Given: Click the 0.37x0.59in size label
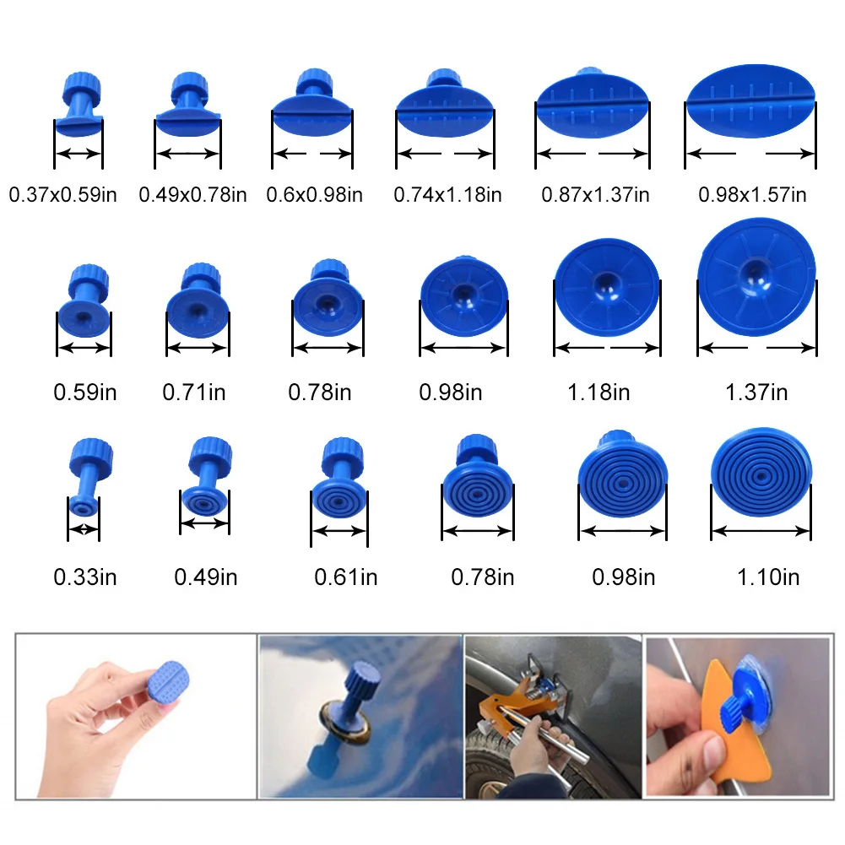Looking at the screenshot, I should coord(62,195).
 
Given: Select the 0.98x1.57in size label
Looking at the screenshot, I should coord(751,195).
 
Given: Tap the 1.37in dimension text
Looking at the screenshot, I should coord(756,393).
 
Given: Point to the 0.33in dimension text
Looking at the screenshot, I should coord(85,577).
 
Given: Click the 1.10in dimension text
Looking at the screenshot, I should coord(767,577).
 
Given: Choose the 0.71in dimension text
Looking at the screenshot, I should coord(194,393).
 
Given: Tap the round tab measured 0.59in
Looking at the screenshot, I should coord(84,308).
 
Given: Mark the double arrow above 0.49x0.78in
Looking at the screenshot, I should coord(187,154).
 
